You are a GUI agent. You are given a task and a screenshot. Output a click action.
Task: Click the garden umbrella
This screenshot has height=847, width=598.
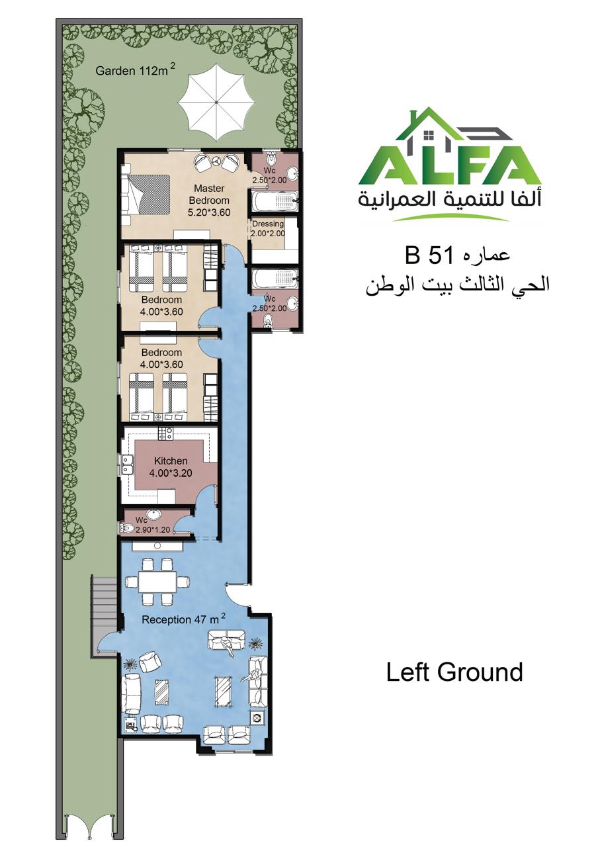(x=216, y=103)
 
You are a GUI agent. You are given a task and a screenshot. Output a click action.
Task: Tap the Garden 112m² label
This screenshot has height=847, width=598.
(x=135, y=69)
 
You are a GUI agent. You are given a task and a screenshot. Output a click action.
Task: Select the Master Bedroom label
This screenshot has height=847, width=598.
(x=209, y=194)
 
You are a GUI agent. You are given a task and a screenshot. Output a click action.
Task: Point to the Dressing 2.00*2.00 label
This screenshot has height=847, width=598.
(x=268, y=228)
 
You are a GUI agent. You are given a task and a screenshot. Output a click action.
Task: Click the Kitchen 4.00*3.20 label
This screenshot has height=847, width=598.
(x=171, y=467)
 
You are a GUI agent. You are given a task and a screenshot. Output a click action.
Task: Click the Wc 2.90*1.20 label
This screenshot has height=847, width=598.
(x=152, y=525)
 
